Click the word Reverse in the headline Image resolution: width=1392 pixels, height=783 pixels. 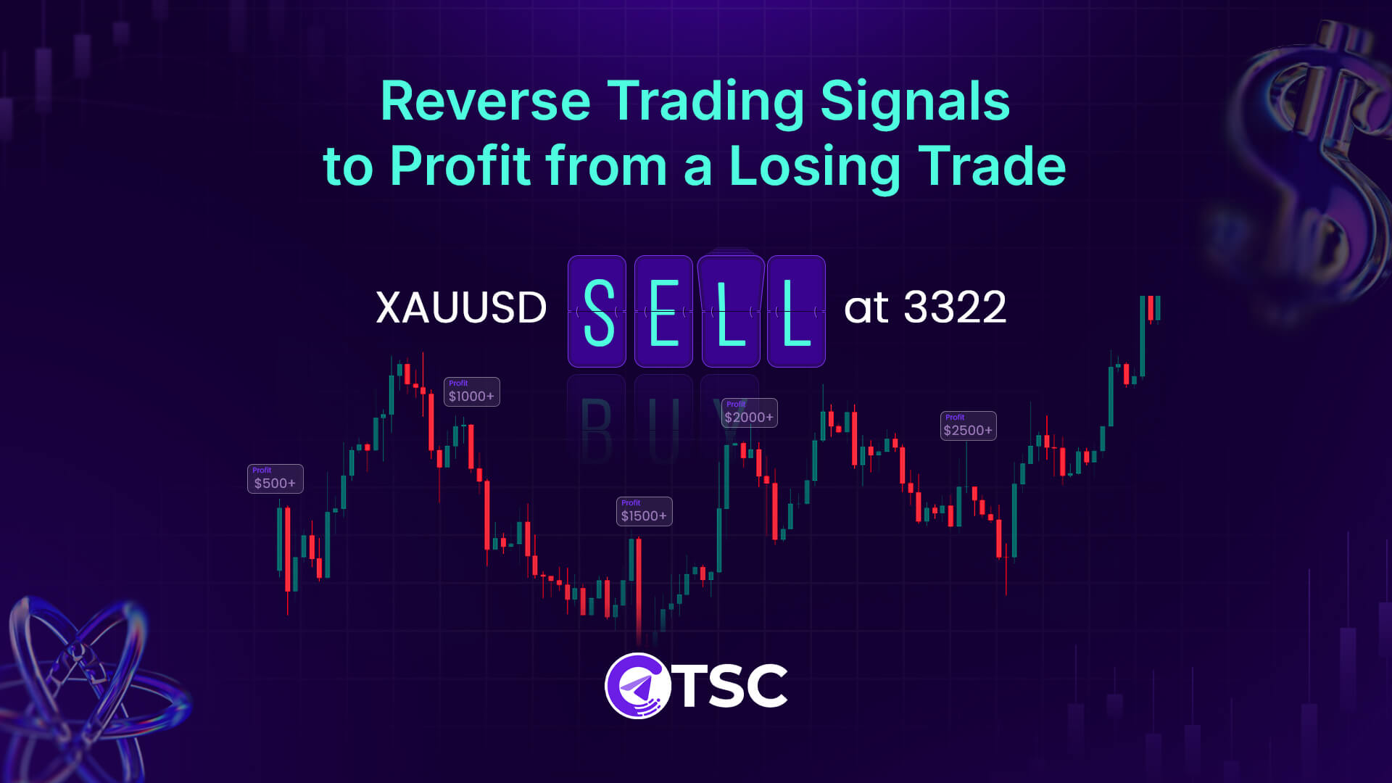coord(485,101)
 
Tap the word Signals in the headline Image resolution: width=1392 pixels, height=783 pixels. coord(914,101)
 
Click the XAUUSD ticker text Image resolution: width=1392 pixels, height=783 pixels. coord(461,307)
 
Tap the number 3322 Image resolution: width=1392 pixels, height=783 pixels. coord(955,307)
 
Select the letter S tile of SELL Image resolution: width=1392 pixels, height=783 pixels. coord(597,312)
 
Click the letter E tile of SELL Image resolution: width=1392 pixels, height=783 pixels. coord(663,312)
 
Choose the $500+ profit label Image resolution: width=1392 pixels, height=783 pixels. coord(275,478)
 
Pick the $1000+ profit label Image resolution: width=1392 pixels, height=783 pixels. coord(471,391)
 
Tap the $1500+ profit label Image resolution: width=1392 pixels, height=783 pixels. coord(644,511)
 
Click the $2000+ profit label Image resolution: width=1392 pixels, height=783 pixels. coord(749,413)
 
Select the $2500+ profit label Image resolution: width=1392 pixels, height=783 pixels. coord(968,426)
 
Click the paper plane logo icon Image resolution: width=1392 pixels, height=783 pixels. coord(637,686)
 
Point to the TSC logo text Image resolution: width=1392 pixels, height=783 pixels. coord(732,686)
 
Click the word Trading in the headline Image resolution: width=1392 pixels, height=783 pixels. coord(705,101)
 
